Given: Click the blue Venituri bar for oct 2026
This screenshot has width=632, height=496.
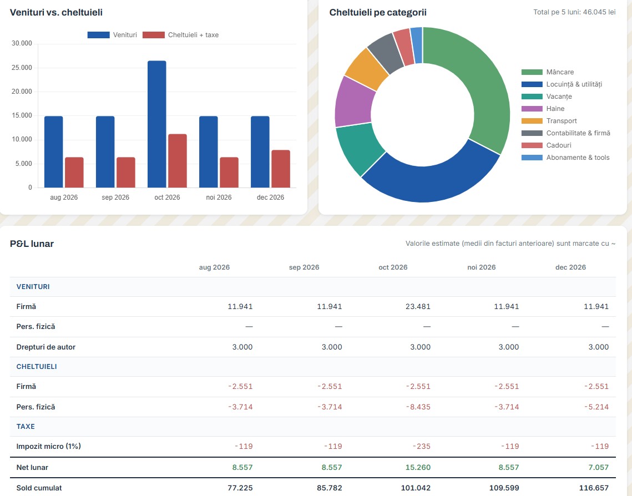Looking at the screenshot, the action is tap(157, 124).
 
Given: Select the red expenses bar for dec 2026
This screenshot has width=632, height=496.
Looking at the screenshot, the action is tap(281, 169).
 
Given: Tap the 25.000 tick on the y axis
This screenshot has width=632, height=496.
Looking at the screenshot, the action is tap(22, 68).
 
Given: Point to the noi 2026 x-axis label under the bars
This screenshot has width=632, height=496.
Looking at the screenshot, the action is tap(219, 198).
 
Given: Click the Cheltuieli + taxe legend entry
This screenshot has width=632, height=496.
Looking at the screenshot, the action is tap(180, 35).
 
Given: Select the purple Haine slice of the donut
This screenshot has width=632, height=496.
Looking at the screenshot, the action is tap(353, 102).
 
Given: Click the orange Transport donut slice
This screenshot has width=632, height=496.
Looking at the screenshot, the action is tap(366, 68).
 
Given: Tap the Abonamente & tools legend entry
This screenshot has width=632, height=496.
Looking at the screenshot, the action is tap(565, 158).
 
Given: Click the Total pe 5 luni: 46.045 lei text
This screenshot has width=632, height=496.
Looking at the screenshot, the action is tap(574, 12).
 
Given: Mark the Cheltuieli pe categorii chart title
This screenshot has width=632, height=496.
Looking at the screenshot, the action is tap(378, 13).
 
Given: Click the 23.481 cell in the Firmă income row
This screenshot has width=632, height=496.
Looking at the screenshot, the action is tap(418, 307).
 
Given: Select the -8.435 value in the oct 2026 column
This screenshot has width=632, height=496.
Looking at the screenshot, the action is tap(418, 407).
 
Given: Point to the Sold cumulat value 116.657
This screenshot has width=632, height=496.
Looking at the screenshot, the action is tap(594, 488).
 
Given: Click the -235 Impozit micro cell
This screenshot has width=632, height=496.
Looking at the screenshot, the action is tap(422, 447).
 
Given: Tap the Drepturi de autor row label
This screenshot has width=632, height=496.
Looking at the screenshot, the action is tap(46, 347).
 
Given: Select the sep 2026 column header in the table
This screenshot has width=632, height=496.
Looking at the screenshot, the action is tap(304, 267).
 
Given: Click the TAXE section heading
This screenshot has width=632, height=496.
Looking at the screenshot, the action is tap(26, 426).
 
